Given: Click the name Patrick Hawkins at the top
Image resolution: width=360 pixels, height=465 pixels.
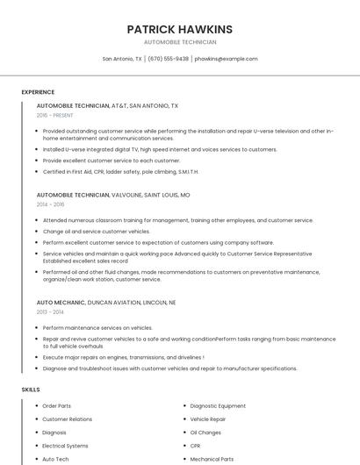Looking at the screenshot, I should pyautogui.click(x=179, y=29).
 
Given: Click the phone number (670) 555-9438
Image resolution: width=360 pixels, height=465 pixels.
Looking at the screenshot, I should pyautogui.click(x=169, y=59).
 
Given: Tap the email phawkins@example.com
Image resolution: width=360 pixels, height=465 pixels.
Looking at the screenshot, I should pyautogui.click(x=226, y=59).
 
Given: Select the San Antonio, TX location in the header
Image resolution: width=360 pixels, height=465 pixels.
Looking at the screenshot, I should pyautogui.click(x=122, y=59).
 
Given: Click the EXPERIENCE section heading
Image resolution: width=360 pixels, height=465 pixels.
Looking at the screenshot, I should pyautogui.click(x=38, y=92).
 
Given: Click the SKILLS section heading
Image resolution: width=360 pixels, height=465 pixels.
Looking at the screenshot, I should pyautogui.click(x=31, y=389).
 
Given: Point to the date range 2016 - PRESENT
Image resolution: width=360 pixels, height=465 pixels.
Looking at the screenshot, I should pyautogui.click(x=55, y=115).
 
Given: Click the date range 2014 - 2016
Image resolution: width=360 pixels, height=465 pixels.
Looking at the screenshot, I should pyautogui.click(x=50, y=204).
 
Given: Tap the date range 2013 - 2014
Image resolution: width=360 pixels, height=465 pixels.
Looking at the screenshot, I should pyautogui.click(x=50, y=311).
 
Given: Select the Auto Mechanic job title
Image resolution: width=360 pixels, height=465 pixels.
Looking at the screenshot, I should pyautogui.click(x=61, y=302).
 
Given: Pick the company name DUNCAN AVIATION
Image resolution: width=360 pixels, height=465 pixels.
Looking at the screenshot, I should pyautogui.click(x=115, y=302).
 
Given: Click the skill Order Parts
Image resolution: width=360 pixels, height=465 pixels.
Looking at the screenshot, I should pyautogui.click(x=56, y=406).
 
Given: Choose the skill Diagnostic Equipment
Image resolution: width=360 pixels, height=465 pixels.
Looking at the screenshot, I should pyautogui.click(x=218, y=406).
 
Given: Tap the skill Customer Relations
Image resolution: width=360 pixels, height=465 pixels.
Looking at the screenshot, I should pyautogui.click(x=67, y=419).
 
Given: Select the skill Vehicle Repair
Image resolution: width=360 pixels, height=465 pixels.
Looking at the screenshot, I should pyautogui.click(x=207, y=419).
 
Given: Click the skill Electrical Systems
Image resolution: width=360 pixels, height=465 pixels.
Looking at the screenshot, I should pyautogui.click(x=65, y=446).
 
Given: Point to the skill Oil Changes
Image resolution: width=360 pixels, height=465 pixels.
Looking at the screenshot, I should pyautogui.click(x=205, y=433).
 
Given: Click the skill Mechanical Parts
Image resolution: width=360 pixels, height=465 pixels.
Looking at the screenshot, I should pyautogui.click(x=212, y=459).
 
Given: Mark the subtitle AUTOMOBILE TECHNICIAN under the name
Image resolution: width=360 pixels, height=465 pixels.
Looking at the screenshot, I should pyautogui.click(x=179, y=42).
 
